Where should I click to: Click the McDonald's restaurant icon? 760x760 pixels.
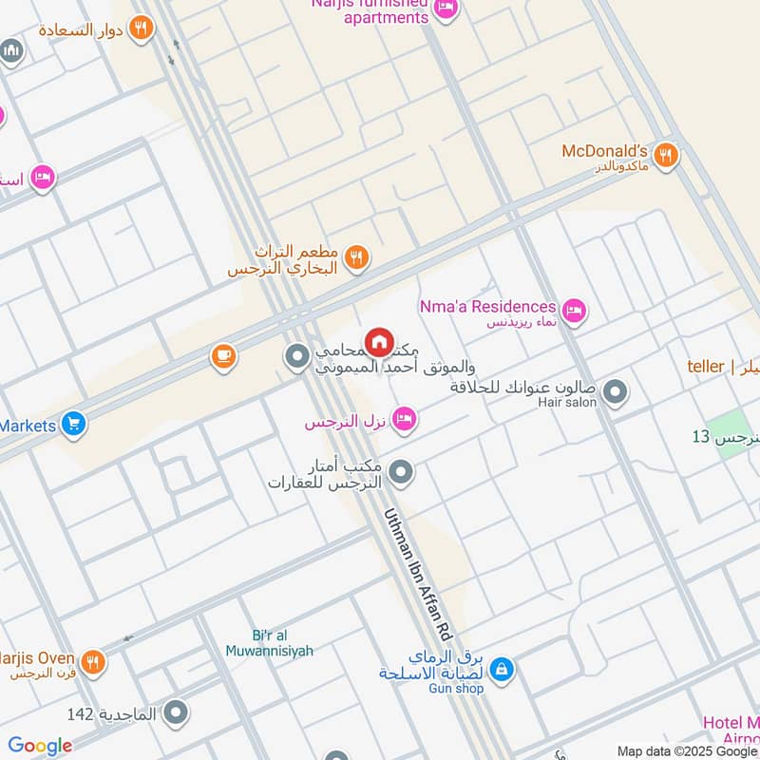pos(667,154)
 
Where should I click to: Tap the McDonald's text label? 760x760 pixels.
pos(604,151)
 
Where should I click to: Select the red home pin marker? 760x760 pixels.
pos(379,342)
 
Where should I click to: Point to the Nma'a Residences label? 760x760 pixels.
pos(487,307)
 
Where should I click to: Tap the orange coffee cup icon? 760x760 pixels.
pos(224,357)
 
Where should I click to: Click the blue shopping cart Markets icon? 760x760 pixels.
pos(73,425)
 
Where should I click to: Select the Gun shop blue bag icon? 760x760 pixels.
pos(502,671)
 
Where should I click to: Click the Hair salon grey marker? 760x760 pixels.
pos(616,390)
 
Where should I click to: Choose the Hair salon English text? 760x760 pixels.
pos(567,403)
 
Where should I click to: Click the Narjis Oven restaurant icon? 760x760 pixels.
pos(92,662)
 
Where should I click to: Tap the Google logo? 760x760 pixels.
pos(40,746)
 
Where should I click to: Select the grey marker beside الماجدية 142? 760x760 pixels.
pos(176,712)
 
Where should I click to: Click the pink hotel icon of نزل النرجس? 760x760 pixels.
pos(404,419)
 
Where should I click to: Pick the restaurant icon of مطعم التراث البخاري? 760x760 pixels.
pos(356,257)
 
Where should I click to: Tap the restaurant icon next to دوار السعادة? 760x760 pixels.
pos(142,28)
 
